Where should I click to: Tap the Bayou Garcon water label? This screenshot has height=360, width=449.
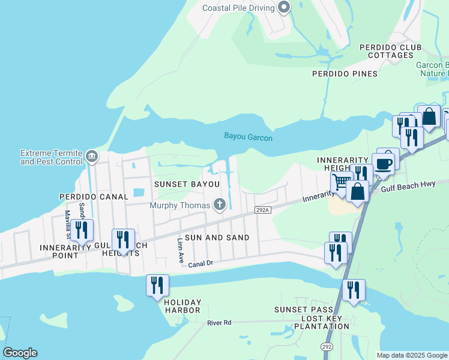pyautogui.click(x=249, y=137)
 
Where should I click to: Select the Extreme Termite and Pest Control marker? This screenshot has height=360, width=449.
pyautogui.click(x=91, y=157)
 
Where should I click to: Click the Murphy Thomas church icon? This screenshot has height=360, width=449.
pyautogui.click(x=220, y=205)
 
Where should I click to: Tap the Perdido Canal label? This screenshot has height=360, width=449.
pyautogui.click(x=94, y=196)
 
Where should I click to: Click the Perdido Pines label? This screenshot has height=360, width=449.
pyautogui.click(x=345, y=74)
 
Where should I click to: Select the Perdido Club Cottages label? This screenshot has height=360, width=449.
pyautogui.click(x=390, y=52)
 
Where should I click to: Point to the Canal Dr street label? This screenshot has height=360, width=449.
pyautogui.click(x=201, y=263)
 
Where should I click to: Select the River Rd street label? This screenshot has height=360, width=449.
pyautogui.click(x=219, y=323)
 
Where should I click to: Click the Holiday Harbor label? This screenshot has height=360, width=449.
pyautogui.click(x=182, y=306)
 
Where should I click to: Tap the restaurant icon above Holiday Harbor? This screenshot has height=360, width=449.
pyautogui.click(x=157, y=285)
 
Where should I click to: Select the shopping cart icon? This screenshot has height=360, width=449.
pyautogui.click(x=342, y=181)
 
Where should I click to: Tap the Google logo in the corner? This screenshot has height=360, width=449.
pyautogui.click(x=20, y=353)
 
